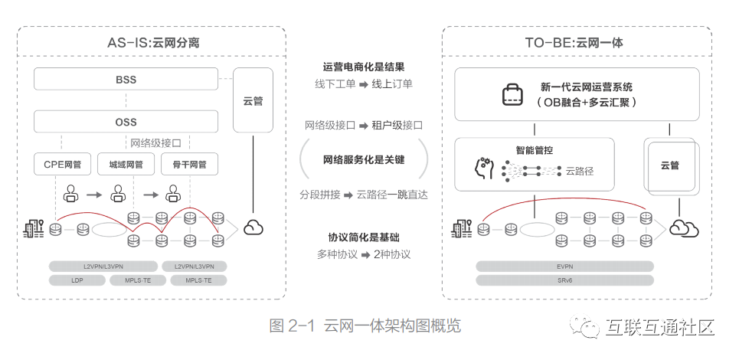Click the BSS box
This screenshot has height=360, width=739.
126,80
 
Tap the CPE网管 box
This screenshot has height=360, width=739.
63,164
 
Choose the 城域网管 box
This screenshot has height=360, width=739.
126,164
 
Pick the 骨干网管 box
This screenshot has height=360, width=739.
189,164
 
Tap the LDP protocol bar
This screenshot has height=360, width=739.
77,280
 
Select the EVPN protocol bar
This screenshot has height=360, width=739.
564,267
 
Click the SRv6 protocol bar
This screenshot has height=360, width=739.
564,280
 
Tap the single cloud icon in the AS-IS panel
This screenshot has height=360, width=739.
253,227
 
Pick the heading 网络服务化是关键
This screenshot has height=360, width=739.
364,160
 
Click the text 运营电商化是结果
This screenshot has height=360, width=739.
364,67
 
